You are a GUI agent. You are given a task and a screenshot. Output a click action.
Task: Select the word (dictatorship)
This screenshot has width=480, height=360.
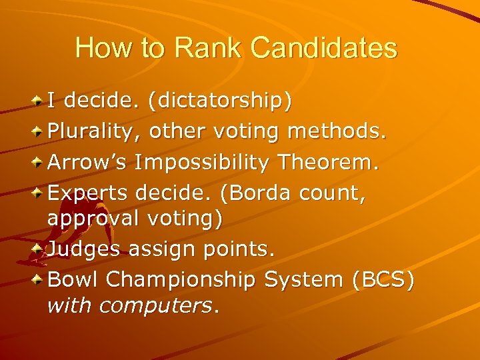(x=220, y=101)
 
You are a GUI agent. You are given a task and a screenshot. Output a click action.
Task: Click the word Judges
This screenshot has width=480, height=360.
(x=83, y=249)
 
